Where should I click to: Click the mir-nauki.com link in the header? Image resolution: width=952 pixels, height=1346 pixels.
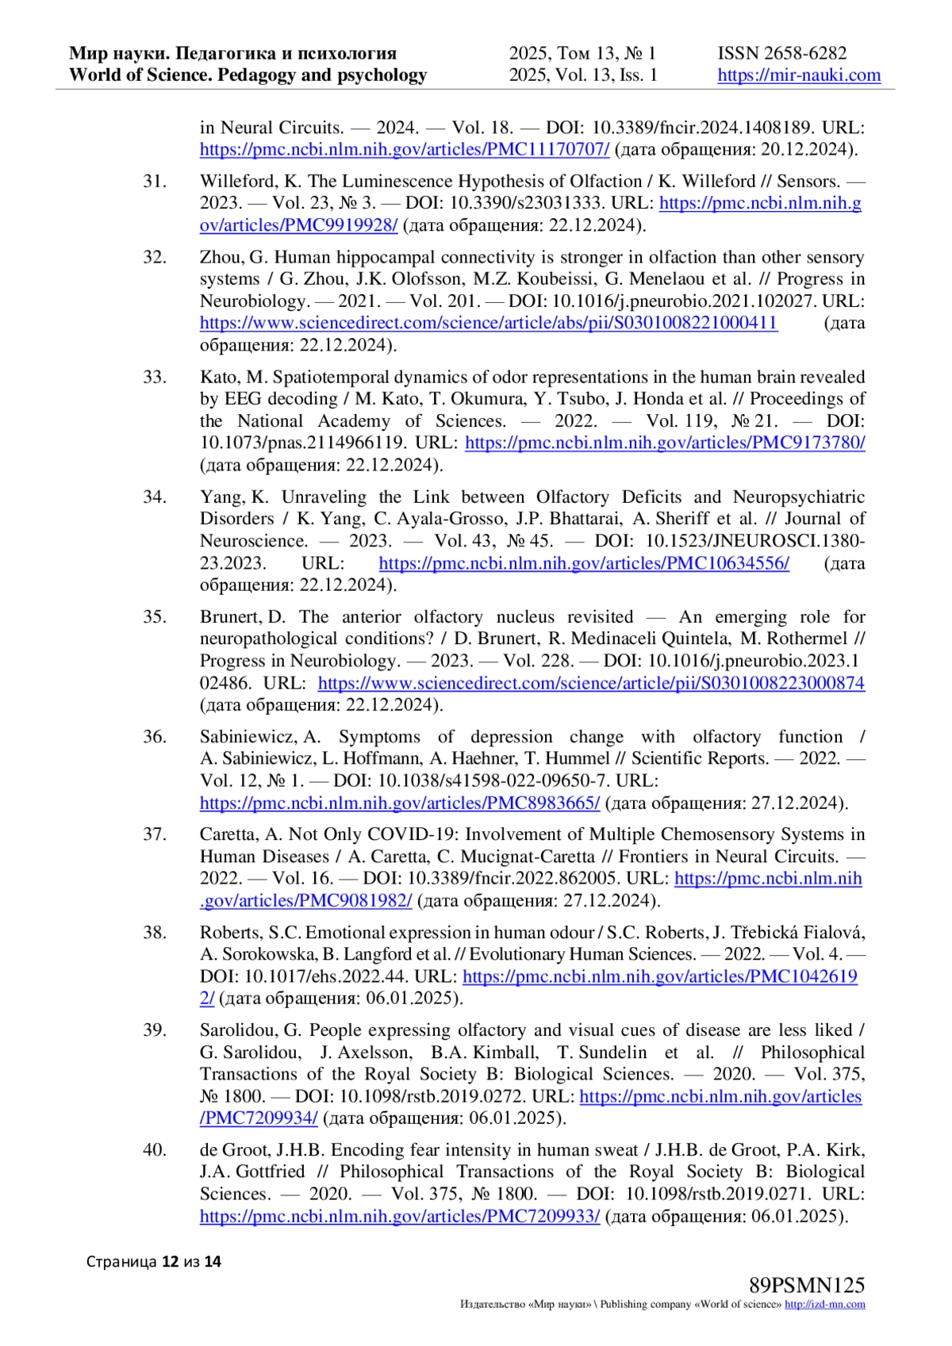click(x=799, y=75)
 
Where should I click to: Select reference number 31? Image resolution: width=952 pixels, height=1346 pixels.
click(x=155, y=182)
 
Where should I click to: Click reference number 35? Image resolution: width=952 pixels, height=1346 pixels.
click(x=155, y=617)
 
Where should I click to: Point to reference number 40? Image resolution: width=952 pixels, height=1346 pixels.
click(x=155, y=1150)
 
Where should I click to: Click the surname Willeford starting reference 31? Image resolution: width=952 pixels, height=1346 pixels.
click(x=238, y=182)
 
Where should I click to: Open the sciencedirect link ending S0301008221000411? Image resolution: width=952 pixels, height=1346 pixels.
click(x=488, y=323)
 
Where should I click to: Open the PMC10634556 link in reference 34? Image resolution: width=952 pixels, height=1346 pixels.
click(x=584, y=563)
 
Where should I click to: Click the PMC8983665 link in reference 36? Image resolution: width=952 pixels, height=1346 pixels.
click(x=400, y=803)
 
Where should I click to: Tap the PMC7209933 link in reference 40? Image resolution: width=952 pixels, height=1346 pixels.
click(x=400, y=1216)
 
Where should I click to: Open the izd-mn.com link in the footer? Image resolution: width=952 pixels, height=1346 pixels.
click(x=824, y=1305)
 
